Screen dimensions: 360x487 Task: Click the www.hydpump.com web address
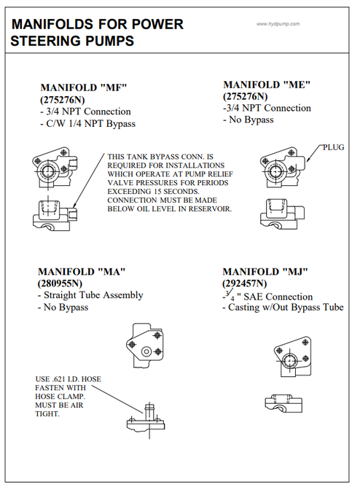tap(278, 24)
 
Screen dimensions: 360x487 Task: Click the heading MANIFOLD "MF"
tap(84, 87)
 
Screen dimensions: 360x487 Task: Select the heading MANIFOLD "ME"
tap(267, 85)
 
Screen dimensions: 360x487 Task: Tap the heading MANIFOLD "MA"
tap(82, 272)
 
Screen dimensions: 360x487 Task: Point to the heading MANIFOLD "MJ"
tap(265, 272)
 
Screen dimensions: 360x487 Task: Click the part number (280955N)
tap(60, 284)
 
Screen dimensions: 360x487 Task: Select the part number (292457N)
tap(245, 284)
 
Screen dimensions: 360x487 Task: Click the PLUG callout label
tap(334, 147)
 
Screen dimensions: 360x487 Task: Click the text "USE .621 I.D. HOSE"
tap(69, 379)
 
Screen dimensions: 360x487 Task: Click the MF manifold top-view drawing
tap(55, 168)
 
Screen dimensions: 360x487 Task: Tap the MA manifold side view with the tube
tap(146, 419)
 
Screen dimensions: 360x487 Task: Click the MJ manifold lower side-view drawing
tap(283, 403)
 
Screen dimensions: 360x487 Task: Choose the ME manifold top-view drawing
tap(283, 168)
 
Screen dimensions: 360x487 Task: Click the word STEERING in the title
tap(72, 41)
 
